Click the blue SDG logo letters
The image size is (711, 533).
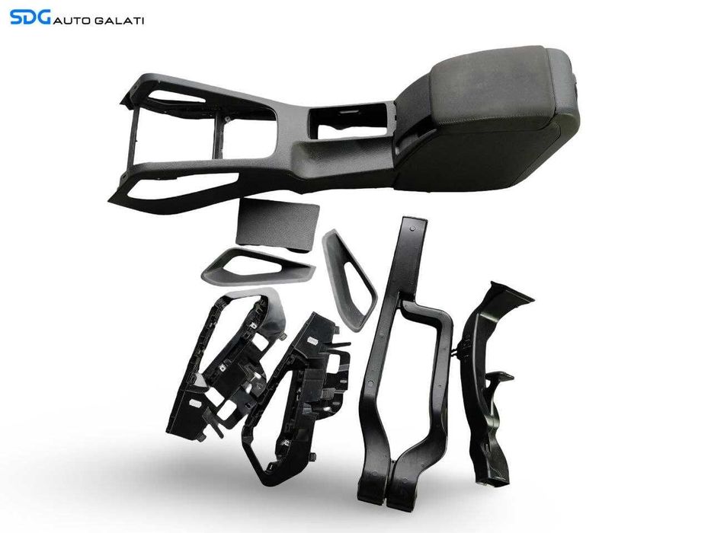pyautogui.click(x=30, y=18)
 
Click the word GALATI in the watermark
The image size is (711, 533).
pyautogui.click(x=119, y=21)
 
